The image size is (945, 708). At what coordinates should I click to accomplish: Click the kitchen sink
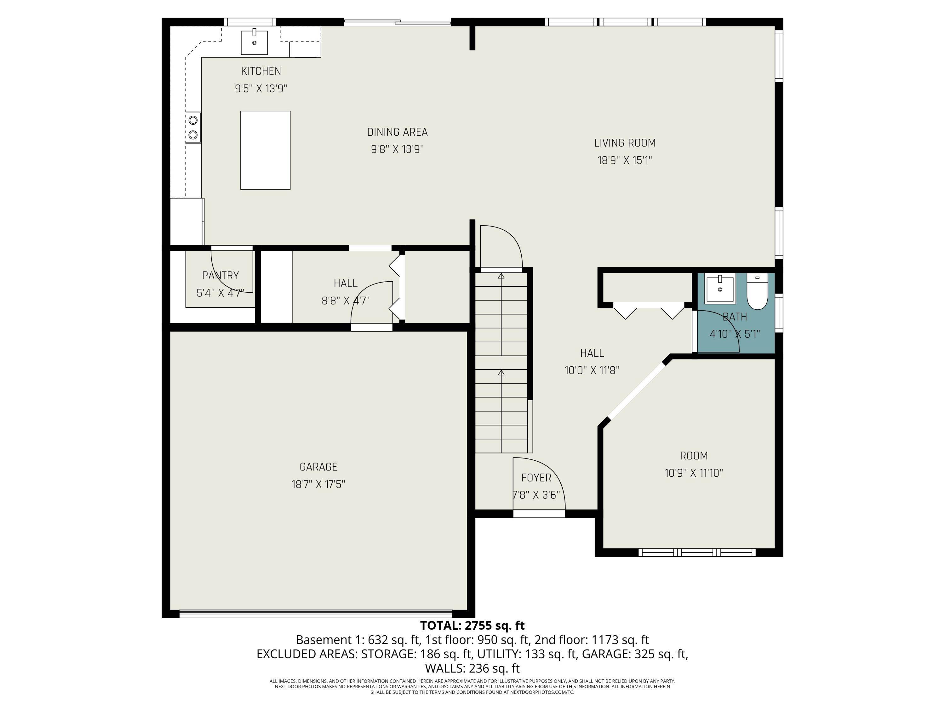click(x=254, y=43)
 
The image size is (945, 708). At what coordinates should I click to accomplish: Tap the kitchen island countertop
click(x=265, y=150)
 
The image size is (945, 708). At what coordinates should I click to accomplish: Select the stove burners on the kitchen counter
click(x=193, y=127)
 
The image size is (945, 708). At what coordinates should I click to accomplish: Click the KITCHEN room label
click(x=261, y=71)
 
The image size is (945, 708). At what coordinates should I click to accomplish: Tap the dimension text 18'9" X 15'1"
click(x=625, y=160)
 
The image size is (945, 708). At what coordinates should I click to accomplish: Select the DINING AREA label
click(x=397, y=132)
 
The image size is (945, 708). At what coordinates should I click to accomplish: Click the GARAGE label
click(x=318, y=467)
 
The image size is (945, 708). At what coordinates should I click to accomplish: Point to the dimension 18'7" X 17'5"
click(x=318, y=484)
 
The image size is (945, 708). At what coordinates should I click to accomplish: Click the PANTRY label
click(x=220, y=276)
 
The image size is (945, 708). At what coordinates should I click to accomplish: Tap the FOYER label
click(x=536, y=478)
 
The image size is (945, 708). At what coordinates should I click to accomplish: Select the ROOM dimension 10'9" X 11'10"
click(x=694, y=473)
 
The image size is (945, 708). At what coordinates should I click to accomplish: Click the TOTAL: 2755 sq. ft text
click(x=472, y=626)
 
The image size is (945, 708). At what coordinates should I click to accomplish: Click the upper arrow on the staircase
click(x=501, y=276)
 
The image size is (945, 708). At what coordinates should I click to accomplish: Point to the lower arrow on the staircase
click(x=501, y=373)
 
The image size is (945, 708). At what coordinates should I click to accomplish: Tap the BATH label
click(x=735, y=317)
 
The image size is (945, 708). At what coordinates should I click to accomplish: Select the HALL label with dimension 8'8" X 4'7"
click(x=346, y=284)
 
